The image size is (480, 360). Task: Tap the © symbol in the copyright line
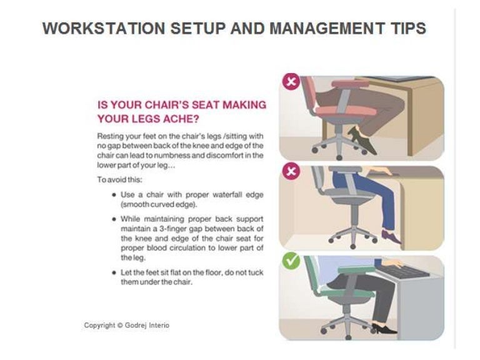coord(120,326)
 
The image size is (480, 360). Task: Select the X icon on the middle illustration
coord(289,171)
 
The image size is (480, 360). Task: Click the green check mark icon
coord(290,261)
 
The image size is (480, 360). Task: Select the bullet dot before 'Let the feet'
coord(113,273)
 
